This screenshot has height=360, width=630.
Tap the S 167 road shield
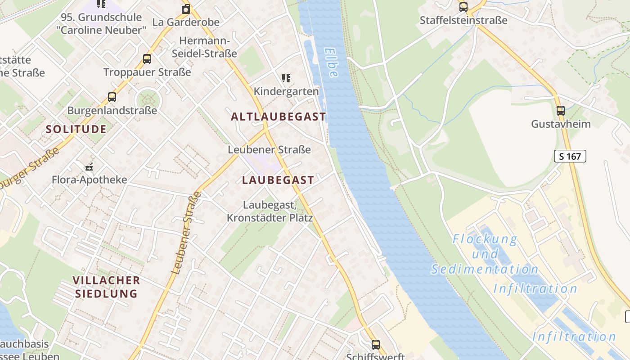570,156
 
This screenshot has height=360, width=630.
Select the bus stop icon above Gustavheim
561,110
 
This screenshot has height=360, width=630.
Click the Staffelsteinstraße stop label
463,20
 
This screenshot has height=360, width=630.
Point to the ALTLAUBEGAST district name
279,117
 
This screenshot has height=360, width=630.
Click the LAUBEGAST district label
278,180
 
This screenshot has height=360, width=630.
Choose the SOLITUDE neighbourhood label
76,129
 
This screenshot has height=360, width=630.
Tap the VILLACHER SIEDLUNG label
106,287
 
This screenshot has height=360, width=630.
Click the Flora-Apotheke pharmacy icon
89,167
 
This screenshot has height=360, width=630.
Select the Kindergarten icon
286,78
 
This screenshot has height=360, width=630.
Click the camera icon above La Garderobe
186,9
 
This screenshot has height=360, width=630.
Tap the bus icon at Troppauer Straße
147,58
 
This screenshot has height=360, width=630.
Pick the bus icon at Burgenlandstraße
112,97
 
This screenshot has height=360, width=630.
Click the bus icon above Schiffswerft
376,345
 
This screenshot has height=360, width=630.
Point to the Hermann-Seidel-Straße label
204,47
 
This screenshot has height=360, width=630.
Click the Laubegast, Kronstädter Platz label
270,211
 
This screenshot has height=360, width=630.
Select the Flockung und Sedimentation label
485,254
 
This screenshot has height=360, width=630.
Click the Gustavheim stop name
561,124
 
